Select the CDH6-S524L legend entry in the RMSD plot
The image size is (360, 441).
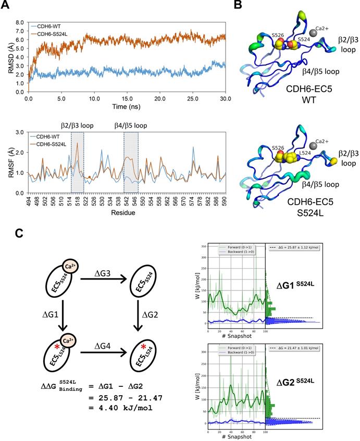click(x=54, y=33)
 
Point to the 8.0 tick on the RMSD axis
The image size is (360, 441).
click(x=20, y=23)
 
